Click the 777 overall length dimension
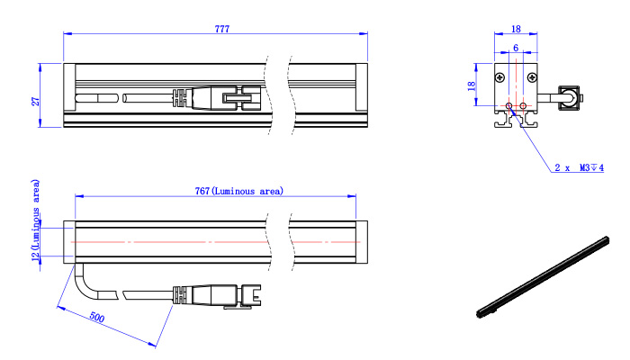[222, 29]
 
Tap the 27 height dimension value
[36, 101]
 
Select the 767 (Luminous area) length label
[239, 191]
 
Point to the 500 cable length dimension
[97, 317]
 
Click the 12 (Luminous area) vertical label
[36, 220]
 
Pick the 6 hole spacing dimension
[516, 48]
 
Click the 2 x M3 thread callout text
[579, 167]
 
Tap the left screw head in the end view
[499, 77]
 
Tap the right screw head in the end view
[532, 77]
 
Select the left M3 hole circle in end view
[509, 105]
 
